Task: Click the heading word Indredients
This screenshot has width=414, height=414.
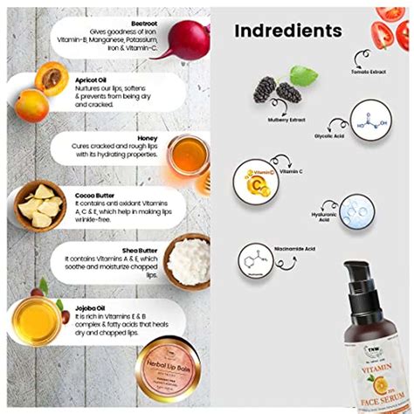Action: coord(287,32)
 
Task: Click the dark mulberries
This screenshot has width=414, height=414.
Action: coord(275,90)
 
